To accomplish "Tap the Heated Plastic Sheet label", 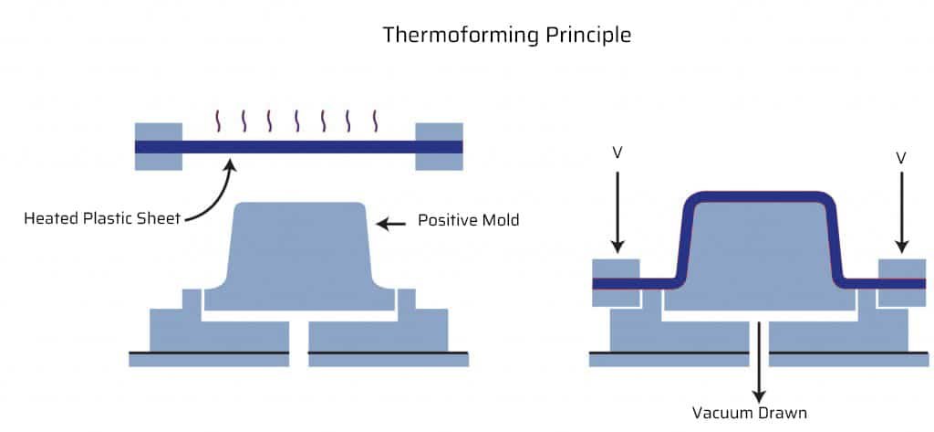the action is pos(102,218).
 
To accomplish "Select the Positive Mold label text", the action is pos(468,220).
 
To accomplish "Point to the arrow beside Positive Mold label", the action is pos(391,224).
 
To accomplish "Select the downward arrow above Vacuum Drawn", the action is pos(758,362).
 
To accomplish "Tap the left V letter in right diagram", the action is pos(617,154).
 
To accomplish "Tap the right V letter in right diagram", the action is pos(901,157).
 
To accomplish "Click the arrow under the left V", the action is pos(617,212).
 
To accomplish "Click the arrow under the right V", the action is pos(902,212).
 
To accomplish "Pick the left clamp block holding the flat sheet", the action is pos(159,147).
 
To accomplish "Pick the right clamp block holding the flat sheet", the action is pos(439,147).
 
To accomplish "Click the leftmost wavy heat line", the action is pos(217,121).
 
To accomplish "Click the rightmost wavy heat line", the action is pos(375,121).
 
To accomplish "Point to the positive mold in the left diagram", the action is pos(299,257).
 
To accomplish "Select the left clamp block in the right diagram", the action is pos(616,283).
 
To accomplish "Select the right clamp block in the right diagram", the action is pos(902,283).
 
